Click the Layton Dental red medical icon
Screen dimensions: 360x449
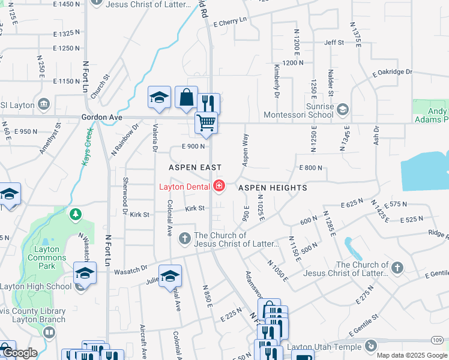tap(218, 186)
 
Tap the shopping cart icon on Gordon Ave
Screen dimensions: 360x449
tap(206, 122)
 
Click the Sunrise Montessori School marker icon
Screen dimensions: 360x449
tap(342, 109)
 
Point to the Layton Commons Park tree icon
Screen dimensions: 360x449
tap(75, 214)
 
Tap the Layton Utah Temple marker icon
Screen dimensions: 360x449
tap(370, 346)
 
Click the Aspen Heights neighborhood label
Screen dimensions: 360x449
tap(273, 188)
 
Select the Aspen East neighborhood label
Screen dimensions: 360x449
tap(194, 167)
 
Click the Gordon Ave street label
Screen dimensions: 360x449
tap(101, 118)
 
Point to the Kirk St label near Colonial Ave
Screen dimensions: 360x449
tap(195, 209)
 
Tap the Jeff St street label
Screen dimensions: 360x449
tap(334, 43)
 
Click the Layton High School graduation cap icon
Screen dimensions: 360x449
tap(85, 273)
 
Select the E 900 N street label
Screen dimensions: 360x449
tap(193, 146)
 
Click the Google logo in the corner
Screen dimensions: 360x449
tap(19, 353)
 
